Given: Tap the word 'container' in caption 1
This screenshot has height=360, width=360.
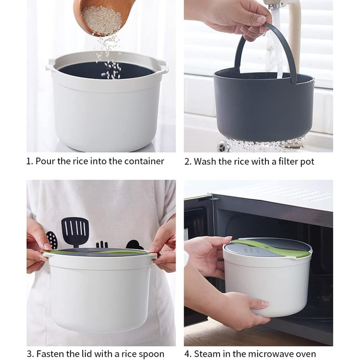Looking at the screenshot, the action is coord(144,161).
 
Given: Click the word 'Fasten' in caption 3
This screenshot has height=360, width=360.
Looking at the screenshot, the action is coord(50,354).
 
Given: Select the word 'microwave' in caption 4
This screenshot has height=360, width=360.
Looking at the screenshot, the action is coord(271,354).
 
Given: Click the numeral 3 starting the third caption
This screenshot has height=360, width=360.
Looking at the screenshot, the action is coord(29,354).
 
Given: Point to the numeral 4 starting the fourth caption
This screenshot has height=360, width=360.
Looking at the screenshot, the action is coord(187,354).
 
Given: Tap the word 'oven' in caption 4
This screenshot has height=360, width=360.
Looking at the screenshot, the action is coord(306,354).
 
